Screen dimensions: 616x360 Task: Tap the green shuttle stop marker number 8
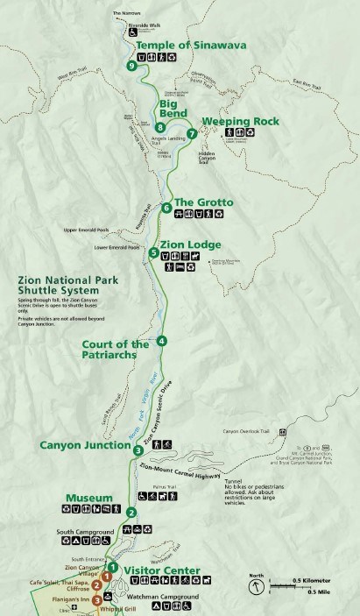(x=160, y=127)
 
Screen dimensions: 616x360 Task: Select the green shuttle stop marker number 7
(x=192, y=134)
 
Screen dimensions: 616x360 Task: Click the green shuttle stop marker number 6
(x=166, y=208)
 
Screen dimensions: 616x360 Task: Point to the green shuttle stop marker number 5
(x=154, y=253)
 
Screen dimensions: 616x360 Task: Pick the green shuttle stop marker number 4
(x=161, y=341)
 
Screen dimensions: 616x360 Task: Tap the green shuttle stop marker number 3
(x=138, y=450)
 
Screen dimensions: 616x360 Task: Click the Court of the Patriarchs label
(x=116, y=349)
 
